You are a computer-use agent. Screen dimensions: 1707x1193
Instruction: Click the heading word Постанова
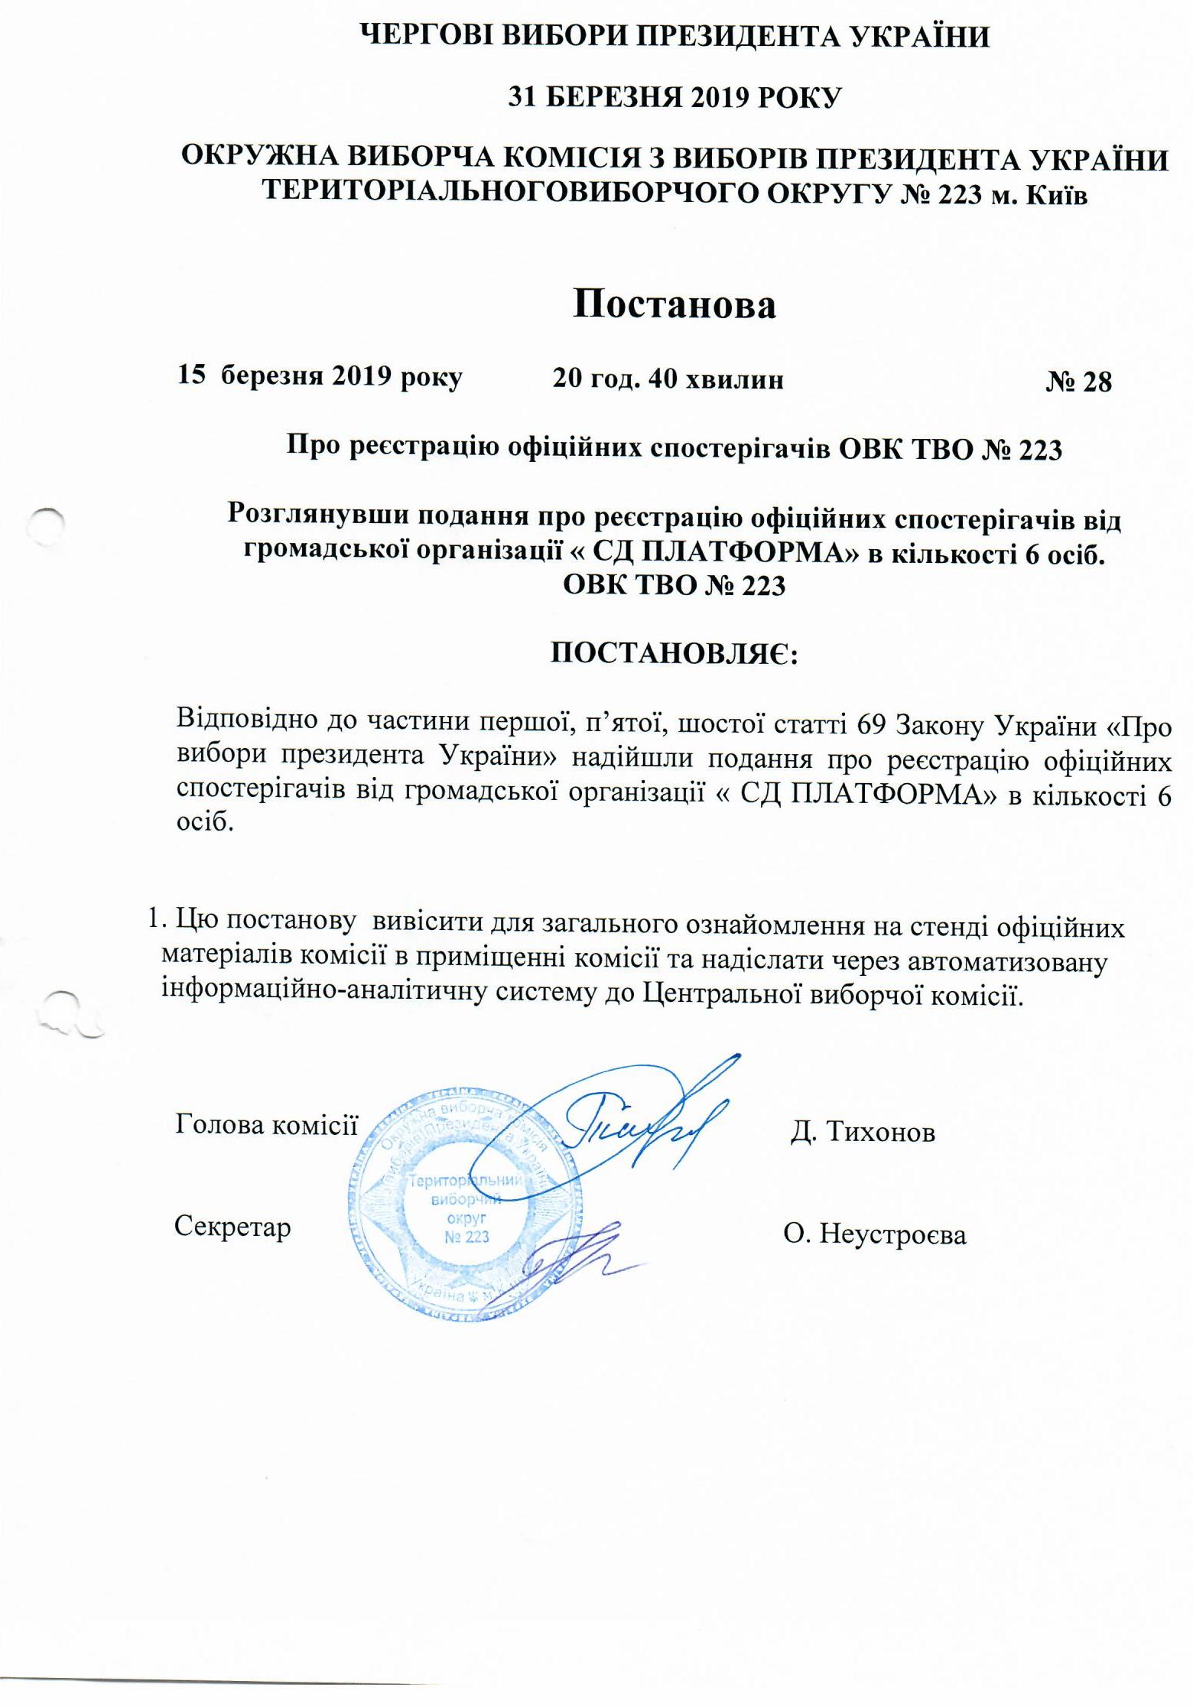click(x=675, y=305)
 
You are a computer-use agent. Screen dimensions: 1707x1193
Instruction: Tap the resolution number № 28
click(x=1078, y=382)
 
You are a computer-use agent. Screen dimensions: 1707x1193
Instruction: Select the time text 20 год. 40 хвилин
click(x=668, y=379)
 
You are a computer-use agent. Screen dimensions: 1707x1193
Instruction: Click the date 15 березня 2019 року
click(x=320, y=377)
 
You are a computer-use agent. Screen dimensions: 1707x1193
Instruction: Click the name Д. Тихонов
click(x=863, y=1133)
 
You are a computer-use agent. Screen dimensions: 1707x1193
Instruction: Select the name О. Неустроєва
click(x=874, y=1234)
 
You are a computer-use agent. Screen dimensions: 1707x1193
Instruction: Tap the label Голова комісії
click(x=266, y=1124)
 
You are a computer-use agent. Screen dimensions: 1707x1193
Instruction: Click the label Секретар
click(x=232, y=1227)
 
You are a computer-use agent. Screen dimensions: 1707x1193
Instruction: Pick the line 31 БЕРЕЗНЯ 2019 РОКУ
click(x=675, y=99)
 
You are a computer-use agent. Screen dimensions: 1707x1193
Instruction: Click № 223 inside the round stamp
click(x=466, y=1237)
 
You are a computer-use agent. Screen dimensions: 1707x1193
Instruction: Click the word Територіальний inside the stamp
click(x=465, y=1181)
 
